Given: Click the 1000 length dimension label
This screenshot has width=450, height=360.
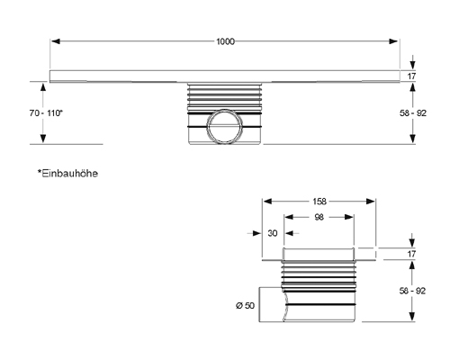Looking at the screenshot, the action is pyautogui.click(x=225, y=41).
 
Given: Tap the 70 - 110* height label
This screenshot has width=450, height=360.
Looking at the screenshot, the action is pyautogui.click(x=46, y=113).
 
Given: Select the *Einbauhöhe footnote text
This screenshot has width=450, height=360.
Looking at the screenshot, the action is pyautogui.click(x=67, y=174).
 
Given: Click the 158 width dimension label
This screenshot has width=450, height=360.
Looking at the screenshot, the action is pyautogui.click(x=319, y=202).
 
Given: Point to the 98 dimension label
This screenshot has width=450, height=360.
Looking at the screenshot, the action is pyautogui.click(x=319, y=217).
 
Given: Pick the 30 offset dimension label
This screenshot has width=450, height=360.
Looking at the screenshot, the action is pyautogui.click(x=273, y=233).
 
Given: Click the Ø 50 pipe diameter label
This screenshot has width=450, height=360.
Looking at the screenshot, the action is pyautogui.click(x=245, y=305).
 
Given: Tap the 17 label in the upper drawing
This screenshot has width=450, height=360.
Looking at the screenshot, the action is pyautogui.click(x=411, y=76).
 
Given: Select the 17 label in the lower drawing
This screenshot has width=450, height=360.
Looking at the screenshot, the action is pyautogui.click(x=411, y=254).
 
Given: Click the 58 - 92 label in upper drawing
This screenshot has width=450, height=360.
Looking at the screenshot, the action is pyautogui.click(x=413, y=113).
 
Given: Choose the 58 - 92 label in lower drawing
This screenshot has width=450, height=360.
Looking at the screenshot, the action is pyautogui.click(x=412, y=291).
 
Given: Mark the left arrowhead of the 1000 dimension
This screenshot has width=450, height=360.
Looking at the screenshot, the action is pyautogui.click(x=56, y=41).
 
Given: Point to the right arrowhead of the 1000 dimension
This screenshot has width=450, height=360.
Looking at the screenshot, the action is pyautogui.click(x=393, y=41).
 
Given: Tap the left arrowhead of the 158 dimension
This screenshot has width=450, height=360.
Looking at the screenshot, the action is pyautogui.click(x=267, y=202).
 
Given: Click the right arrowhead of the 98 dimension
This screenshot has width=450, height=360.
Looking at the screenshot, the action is pyautogui.click(x=349, y=217).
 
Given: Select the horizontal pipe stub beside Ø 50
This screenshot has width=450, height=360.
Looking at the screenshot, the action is pyautogui.click(x=272, y=305).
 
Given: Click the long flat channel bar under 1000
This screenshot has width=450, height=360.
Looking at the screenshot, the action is pyautogui.click(x=225, y=76).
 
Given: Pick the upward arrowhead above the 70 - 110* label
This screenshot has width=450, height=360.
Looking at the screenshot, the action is pyautogui.click(x=43, y=87).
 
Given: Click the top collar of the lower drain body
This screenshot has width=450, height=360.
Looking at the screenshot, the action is pyautogui.click(x=319, y=254).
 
